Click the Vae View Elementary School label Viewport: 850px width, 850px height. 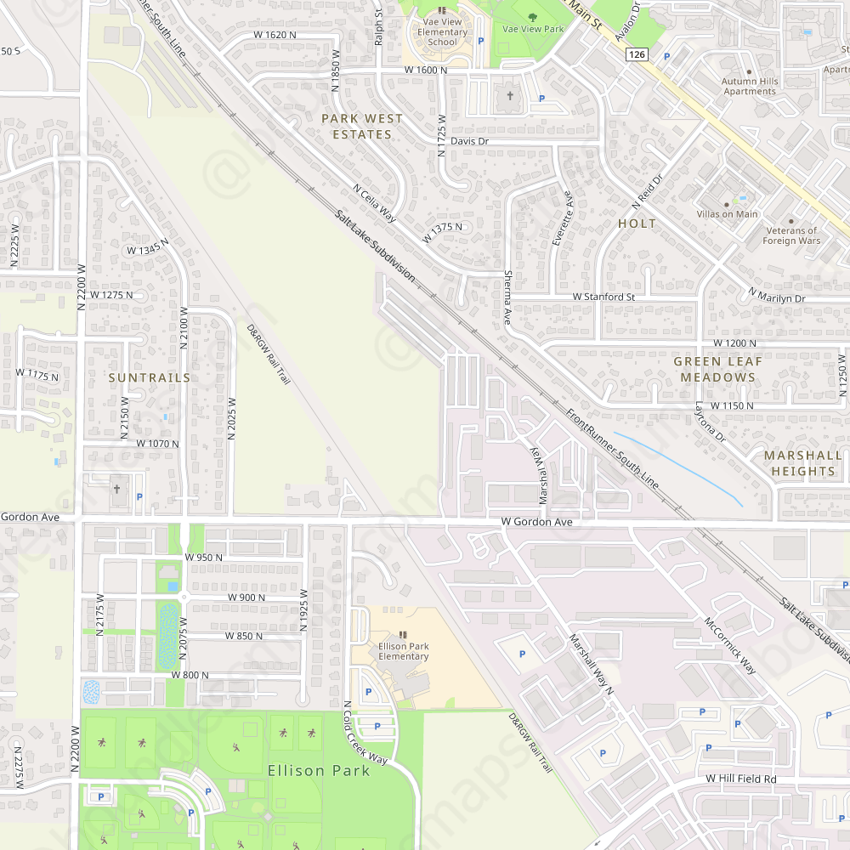[442, 32]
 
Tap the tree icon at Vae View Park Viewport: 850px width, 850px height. [533, 16]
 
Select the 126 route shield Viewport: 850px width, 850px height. [637, 54]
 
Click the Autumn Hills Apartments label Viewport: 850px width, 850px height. [750, 87]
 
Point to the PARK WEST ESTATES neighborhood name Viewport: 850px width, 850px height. [362, 127]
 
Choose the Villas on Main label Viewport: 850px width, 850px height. [727, 214]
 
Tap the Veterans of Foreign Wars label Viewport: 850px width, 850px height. [791, 235]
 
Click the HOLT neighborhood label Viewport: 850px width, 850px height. [637, 224]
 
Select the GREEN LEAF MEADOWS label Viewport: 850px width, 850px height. [718, 369]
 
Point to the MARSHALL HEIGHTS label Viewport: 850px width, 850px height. [803, 463]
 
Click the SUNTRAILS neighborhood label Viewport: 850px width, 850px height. [150, 377]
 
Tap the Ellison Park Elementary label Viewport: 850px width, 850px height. [403, 651]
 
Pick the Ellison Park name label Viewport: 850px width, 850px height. [319, 771]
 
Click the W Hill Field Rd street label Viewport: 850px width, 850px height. [740, 779]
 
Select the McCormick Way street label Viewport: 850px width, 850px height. [729, 646]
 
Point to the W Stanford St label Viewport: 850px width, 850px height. [603, 297]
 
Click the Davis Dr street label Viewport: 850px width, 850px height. [469, 141]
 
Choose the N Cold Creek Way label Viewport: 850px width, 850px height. [365, 733]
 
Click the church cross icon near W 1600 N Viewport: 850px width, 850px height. [511, 96]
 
